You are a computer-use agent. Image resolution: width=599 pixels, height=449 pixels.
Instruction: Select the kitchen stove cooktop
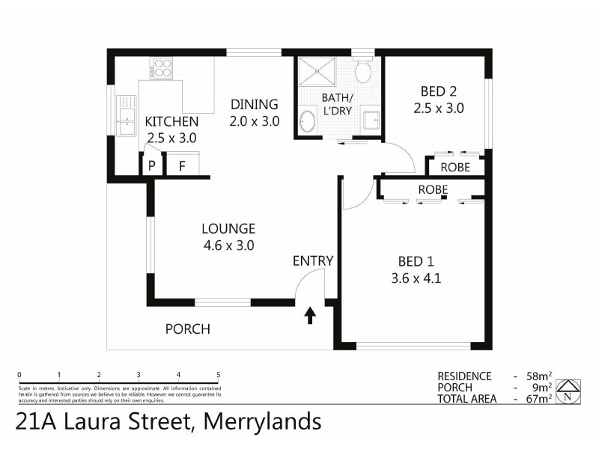(161, 69)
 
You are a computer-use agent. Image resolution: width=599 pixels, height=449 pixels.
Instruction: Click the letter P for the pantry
(152, 166)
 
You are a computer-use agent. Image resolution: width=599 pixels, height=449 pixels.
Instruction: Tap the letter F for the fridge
(181, 166)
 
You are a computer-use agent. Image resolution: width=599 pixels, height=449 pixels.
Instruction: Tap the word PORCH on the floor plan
(188, 329)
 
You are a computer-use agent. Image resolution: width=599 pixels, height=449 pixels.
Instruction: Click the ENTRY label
(313, 260)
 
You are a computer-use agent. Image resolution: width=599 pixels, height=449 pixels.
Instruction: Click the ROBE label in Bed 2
(455, 167)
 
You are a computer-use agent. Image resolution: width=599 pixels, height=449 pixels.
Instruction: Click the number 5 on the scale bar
(218, 375)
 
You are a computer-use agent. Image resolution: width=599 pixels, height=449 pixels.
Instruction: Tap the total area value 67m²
(539, 399)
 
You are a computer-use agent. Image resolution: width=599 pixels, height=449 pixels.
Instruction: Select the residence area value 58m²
(539, 376)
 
